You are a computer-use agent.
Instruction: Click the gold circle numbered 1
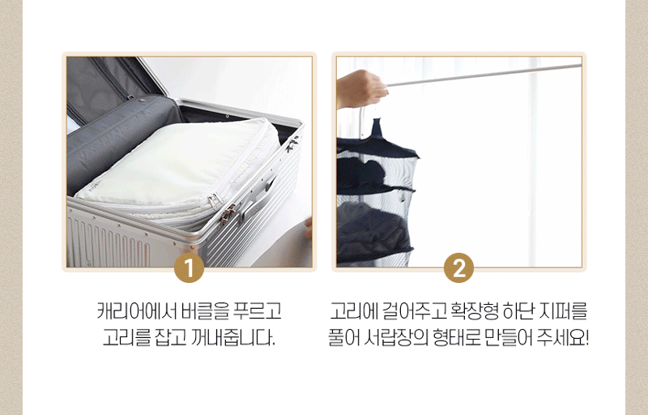(189, 267)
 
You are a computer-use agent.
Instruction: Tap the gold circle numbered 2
(458, 267)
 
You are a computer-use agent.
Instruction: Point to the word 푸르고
(258, 310)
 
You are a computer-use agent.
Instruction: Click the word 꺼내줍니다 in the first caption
(233, 338)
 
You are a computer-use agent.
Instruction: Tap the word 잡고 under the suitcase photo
(170, 338)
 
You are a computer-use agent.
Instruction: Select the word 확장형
(474, 310)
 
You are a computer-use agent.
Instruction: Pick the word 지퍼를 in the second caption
(563, 310)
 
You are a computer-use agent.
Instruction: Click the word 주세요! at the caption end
(563, 338)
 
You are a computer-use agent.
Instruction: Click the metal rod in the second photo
(484, 75)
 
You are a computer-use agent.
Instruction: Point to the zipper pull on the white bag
(214, 202)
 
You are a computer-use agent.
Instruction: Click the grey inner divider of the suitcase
(120, 140)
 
